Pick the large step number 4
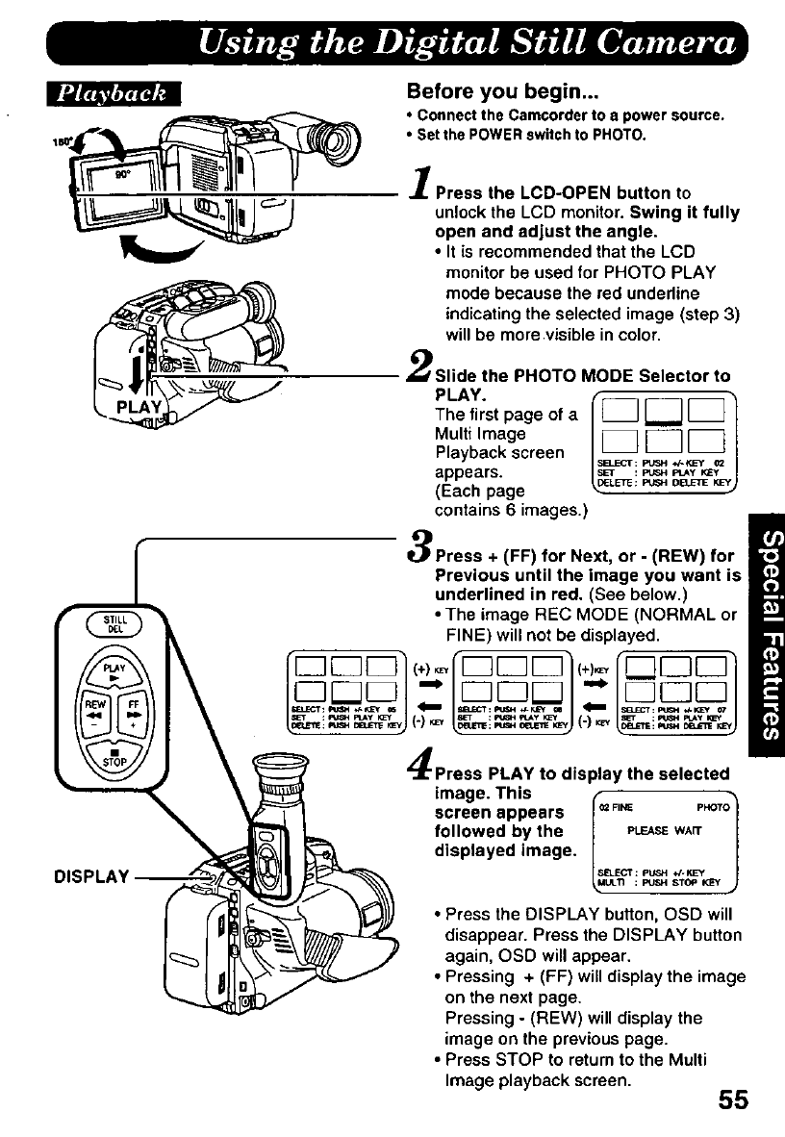(419, 767)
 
